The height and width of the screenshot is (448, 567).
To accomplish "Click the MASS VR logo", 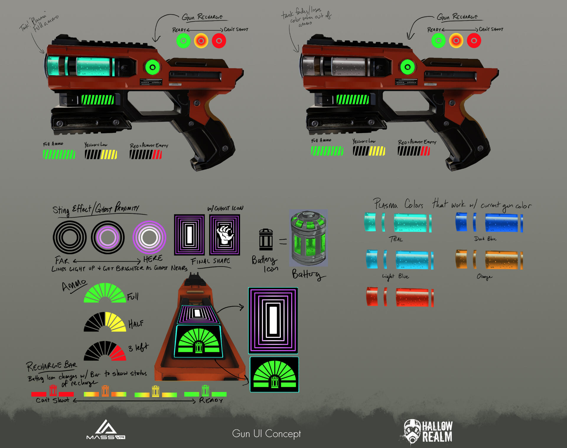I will pos(106,430).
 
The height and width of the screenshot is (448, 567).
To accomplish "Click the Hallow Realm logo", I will pos(428,431).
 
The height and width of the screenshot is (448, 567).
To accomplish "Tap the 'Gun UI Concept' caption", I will pos(266,434).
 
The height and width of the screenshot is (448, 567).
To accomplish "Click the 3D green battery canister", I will pos(308,238).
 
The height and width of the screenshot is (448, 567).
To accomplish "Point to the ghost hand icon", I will pos(225,235).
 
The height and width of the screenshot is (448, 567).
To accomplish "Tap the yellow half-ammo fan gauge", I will pos(105,322).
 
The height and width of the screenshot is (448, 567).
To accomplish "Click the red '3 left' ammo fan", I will pos(105,351).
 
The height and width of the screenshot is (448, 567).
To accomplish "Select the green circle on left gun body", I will pos(152,67).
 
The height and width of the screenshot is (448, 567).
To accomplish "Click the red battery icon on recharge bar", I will pos(53,390).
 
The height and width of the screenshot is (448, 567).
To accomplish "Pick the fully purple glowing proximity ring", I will pos(149,237).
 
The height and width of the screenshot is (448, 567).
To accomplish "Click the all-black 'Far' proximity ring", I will pos(70,237).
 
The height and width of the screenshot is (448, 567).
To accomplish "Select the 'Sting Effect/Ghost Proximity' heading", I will pos(96,209).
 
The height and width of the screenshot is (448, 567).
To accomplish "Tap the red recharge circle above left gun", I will pos(219,41).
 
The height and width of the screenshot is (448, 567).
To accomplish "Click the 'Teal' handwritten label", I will pos(396,239).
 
